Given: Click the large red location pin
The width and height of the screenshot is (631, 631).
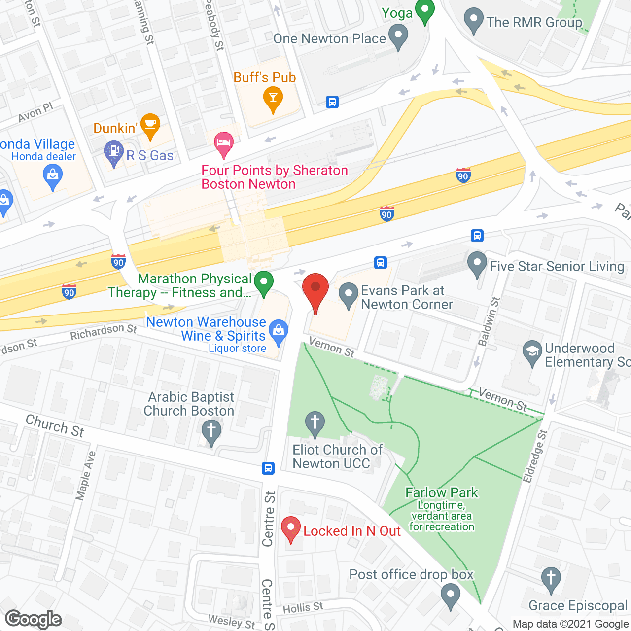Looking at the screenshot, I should [315, 290].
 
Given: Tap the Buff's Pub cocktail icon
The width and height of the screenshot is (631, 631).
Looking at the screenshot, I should [273, 98].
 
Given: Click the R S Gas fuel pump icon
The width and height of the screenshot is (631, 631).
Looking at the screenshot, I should [114, 153].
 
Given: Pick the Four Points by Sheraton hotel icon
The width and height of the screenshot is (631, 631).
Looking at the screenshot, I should [224, 143].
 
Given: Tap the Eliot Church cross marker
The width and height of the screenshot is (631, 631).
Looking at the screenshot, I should [315, 423].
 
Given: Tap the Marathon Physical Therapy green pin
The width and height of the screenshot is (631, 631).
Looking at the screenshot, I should [264, 283].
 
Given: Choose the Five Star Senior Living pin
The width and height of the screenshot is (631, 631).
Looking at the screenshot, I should [477, 263].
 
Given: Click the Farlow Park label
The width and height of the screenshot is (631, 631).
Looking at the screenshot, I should [441, 492].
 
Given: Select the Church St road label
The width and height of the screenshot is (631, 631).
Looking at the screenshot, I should [55, 426].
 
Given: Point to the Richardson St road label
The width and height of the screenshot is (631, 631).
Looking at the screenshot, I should [103, 332].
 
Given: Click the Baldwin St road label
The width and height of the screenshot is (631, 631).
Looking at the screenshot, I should [489, 321].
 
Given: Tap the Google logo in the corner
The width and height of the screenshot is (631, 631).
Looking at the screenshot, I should [34, 619].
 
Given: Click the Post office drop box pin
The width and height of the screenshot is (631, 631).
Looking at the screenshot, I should [450, 595].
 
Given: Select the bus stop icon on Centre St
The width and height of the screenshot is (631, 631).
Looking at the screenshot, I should [268, 468].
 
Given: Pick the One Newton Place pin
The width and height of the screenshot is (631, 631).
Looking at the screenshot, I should [398, 36].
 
